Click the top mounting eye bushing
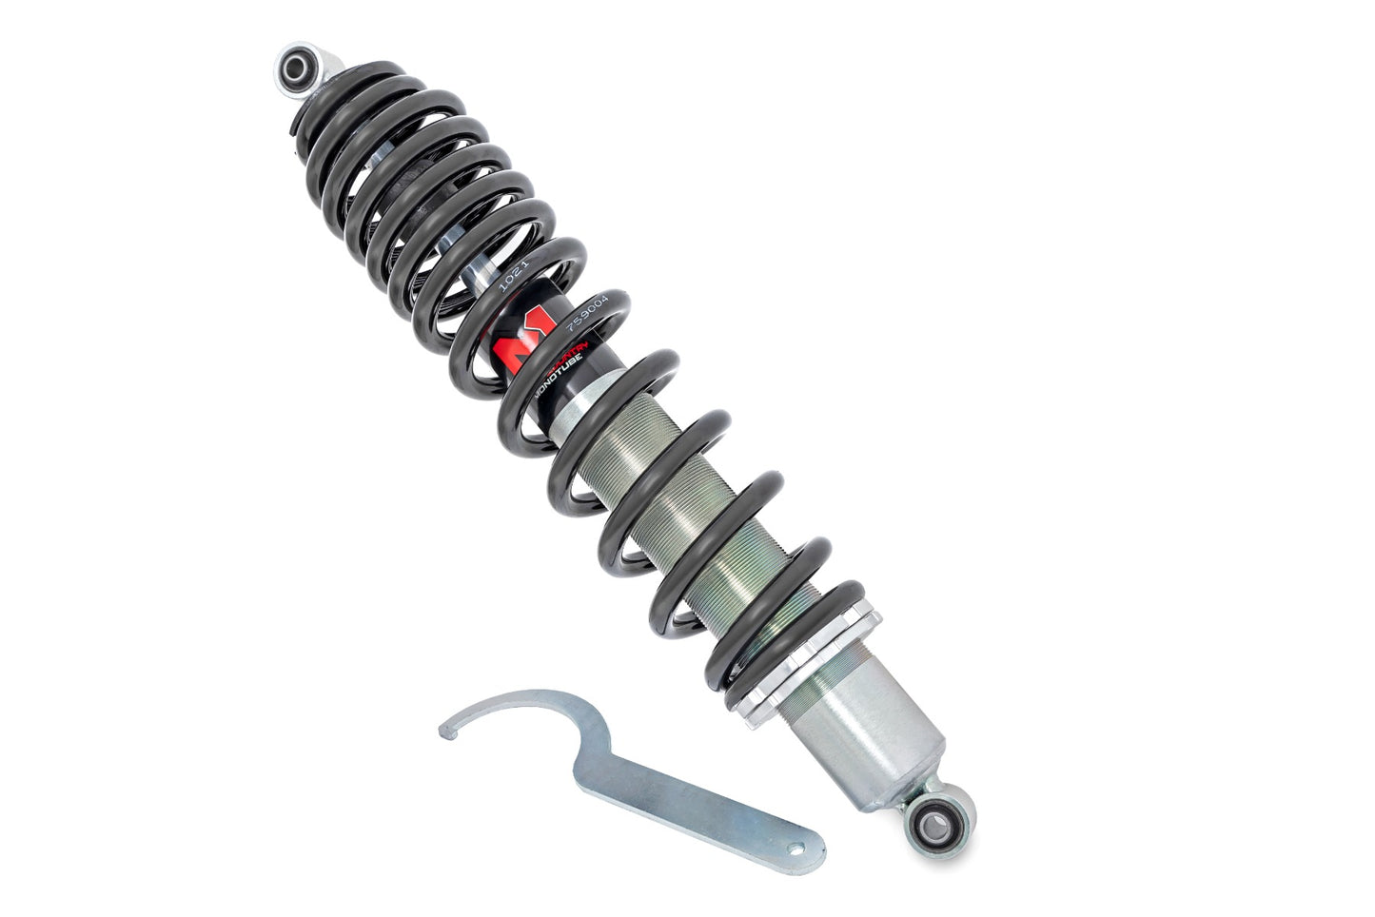(x=297, y=67)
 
